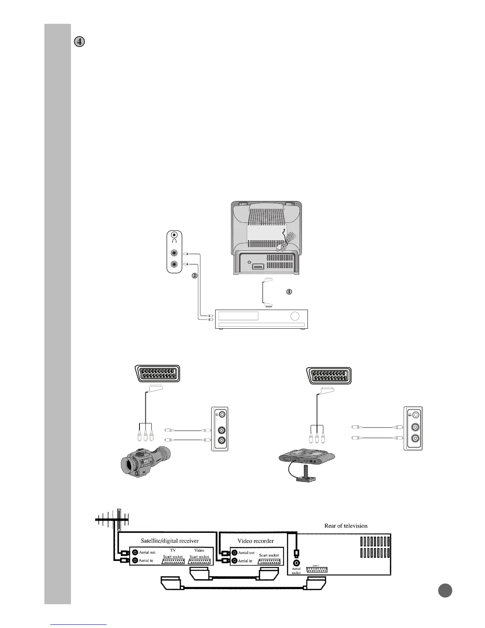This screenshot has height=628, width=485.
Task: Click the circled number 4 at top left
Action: point(80,42)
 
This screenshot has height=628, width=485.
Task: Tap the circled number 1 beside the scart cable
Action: point(289,291)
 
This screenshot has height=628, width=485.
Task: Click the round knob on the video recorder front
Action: point(295,316)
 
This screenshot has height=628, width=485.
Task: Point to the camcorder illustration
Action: point(145,461)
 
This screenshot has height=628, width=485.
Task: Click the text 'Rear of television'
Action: point(346,526)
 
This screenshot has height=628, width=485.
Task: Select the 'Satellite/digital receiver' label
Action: point(170,541)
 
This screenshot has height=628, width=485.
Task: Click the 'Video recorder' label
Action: point(256,541)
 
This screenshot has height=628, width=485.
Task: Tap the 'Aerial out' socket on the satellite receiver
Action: point(135,552)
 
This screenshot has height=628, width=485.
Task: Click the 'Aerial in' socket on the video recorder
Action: point(235,561)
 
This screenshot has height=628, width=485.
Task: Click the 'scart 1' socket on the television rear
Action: point(317,569)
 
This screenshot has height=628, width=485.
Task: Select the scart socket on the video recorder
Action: point(269,561)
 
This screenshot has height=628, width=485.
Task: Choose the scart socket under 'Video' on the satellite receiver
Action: point(199,561)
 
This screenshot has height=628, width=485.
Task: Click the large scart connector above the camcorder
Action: point(157,373)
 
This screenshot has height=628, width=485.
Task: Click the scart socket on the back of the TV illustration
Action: point(258,266)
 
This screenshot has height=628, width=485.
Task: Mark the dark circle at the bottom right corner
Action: point(445,590)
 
